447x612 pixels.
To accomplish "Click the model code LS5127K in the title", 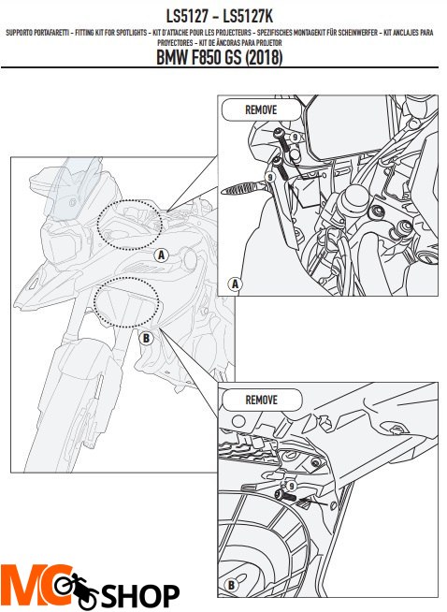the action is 247,16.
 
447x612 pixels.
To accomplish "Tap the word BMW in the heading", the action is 172,57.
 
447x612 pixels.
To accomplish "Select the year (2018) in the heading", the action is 264,57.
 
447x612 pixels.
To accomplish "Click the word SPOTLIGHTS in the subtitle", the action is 131,33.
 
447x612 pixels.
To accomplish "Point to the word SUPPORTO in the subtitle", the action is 19,33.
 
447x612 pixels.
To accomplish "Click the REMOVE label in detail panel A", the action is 261,109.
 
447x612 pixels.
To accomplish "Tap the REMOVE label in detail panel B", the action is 261,400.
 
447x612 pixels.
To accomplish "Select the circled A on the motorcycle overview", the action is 161,255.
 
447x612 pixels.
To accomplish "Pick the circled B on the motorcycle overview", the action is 146,338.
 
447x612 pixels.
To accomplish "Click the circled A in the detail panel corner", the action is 235,284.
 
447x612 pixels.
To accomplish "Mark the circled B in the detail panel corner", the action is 231,586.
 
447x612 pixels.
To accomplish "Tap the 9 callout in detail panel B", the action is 291,487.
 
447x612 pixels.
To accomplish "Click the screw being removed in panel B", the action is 285,496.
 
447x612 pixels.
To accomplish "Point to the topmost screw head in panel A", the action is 280,133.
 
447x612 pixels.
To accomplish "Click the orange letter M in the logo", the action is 23,585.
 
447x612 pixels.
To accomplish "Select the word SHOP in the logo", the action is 140,595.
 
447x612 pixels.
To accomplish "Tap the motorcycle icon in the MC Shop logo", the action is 76,590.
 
